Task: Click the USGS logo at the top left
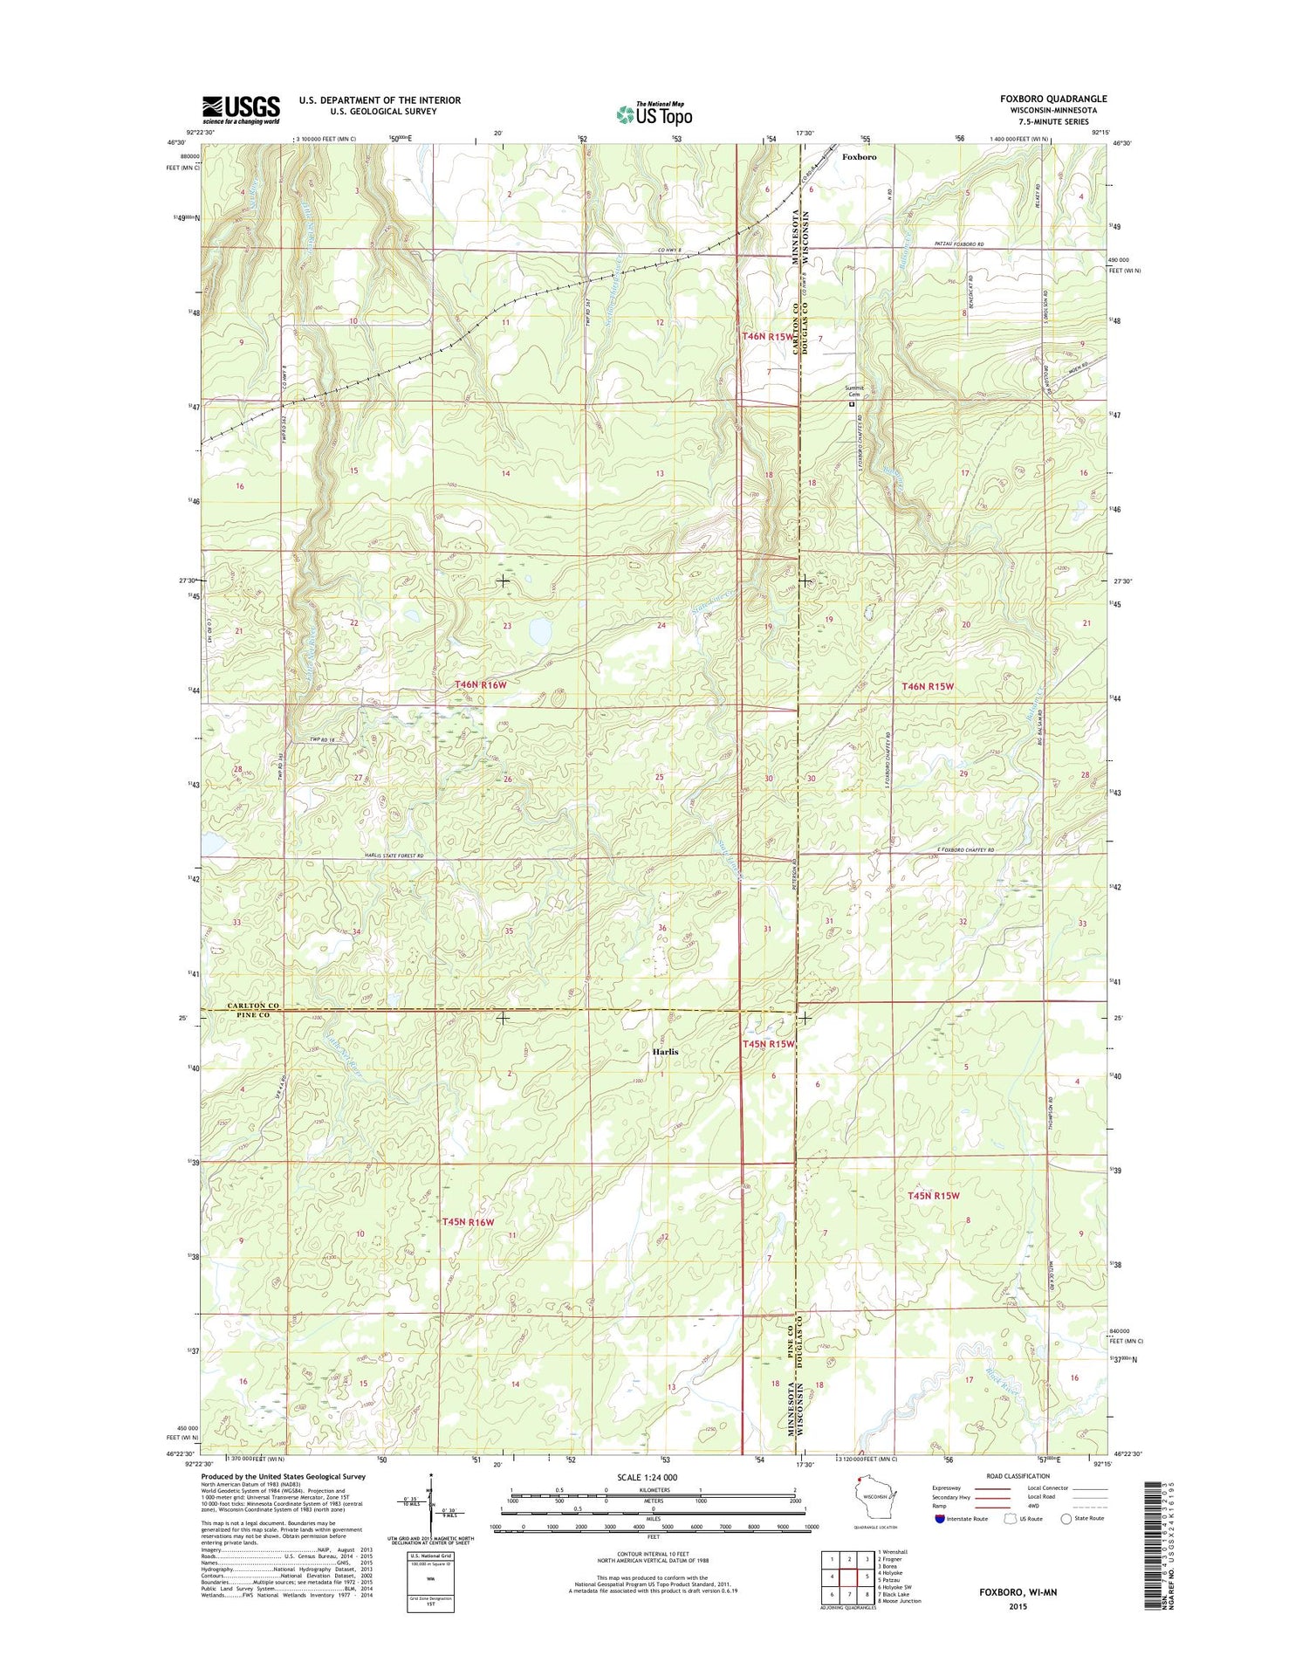click(x=241, y=109)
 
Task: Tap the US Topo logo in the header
click(x=654, y=113)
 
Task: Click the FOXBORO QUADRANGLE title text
click(x=1052, y=100)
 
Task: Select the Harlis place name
click(x=664, y=1052)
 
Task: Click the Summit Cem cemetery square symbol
click(x=853, y=404)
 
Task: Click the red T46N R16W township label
click(x=480, y=685)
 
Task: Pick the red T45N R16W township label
click(x=468, y=1222)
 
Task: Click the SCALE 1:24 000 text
click(x=653, y=1477)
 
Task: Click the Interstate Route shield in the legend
click(x=940, y=1518)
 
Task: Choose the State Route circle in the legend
click(x=1066, y=1518)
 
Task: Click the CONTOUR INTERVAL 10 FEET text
click(x=653, y=1555)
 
